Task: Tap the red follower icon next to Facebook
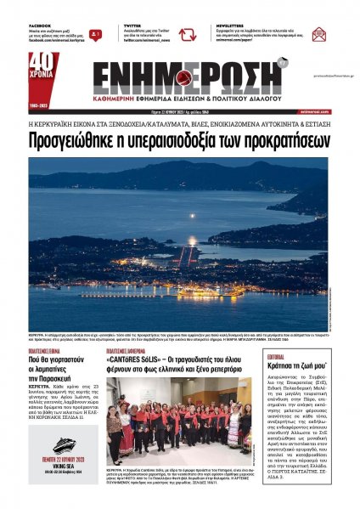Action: pyautogui.click(x=96, y=35)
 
